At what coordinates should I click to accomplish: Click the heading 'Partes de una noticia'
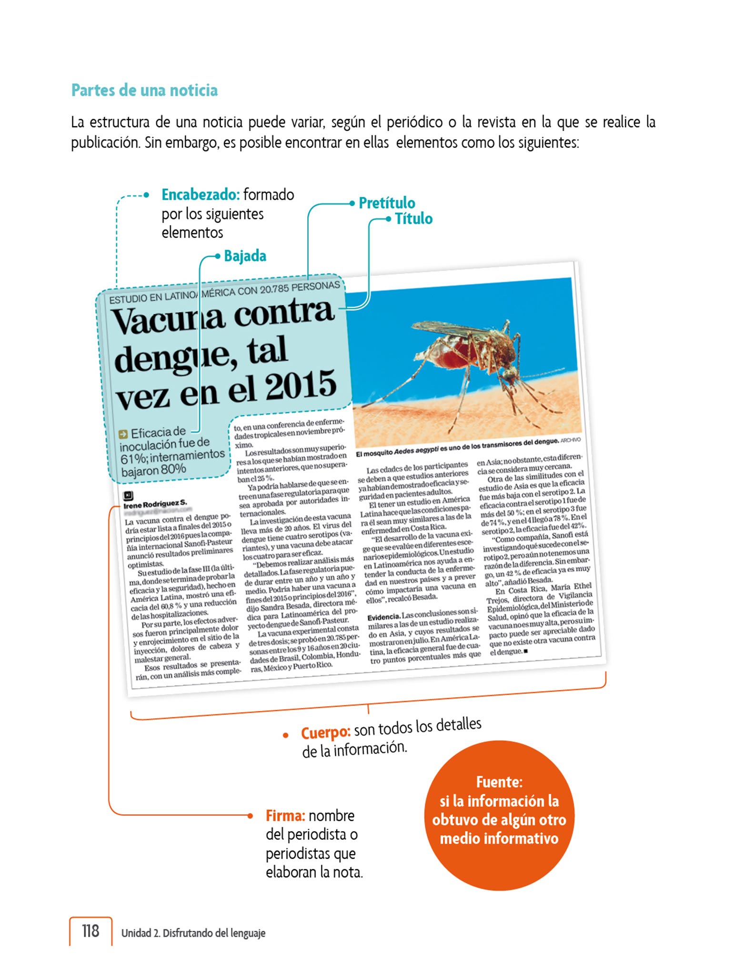(144, 90)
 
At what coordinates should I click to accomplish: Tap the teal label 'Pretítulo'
(386, 203)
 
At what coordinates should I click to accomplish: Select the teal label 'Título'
(413, 219)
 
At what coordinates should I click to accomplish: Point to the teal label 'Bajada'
(245, 256)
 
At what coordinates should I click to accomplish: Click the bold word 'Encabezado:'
(200, 194)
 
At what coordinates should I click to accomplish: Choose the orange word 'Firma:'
(285, 815)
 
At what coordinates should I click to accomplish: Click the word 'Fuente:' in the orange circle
(499, 782)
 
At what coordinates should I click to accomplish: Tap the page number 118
(91, 930)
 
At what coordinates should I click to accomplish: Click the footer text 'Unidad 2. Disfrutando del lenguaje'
(193, 933)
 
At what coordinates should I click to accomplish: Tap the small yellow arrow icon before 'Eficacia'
(123, 434)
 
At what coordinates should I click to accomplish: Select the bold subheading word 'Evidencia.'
(383, 618)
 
